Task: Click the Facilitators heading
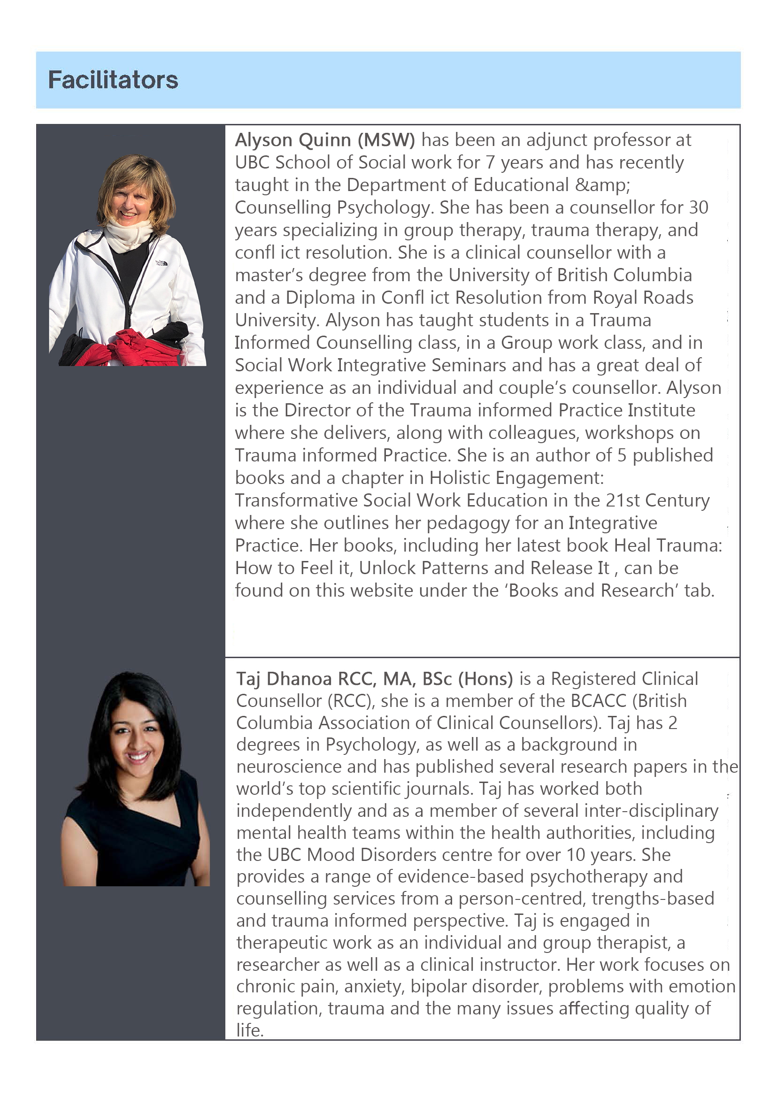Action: (x=113, y=80)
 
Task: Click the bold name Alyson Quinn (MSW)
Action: (x=325, y=140)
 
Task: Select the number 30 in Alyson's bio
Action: (x=699, y=207)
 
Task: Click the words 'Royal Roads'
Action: (x=643, y=298)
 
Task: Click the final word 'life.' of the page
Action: (x=250, y=1030)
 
